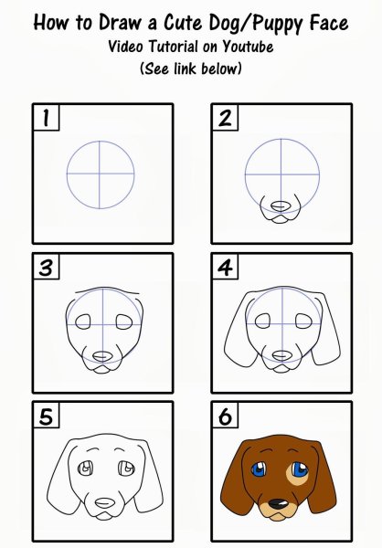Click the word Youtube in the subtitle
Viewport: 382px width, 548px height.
[248, 47]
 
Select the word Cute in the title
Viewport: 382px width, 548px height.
[183, 22]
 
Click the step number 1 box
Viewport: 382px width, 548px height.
[46, 118]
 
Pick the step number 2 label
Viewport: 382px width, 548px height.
[225, 118]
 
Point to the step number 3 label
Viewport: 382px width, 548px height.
[46, 267]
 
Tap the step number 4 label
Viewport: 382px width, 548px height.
[225, 267]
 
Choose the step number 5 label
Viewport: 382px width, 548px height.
[46, 416]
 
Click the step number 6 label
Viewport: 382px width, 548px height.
[225, 416]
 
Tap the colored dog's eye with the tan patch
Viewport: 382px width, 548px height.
[299, 470]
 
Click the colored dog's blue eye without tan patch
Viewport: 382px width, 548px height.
[260, 469]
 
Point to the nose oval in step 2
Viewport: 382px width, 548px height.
[281, 206]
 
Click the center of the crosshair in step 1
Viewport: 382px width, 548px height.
[100, 174]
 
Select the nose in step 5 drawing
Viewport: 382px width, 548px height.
[105, 503]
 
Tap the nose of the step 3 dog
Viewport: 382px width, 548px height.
[102, 356]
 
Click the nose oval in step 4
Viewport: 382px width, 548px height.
[281, 356]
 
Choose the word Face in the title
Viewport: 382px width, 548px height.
[329, 22]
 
